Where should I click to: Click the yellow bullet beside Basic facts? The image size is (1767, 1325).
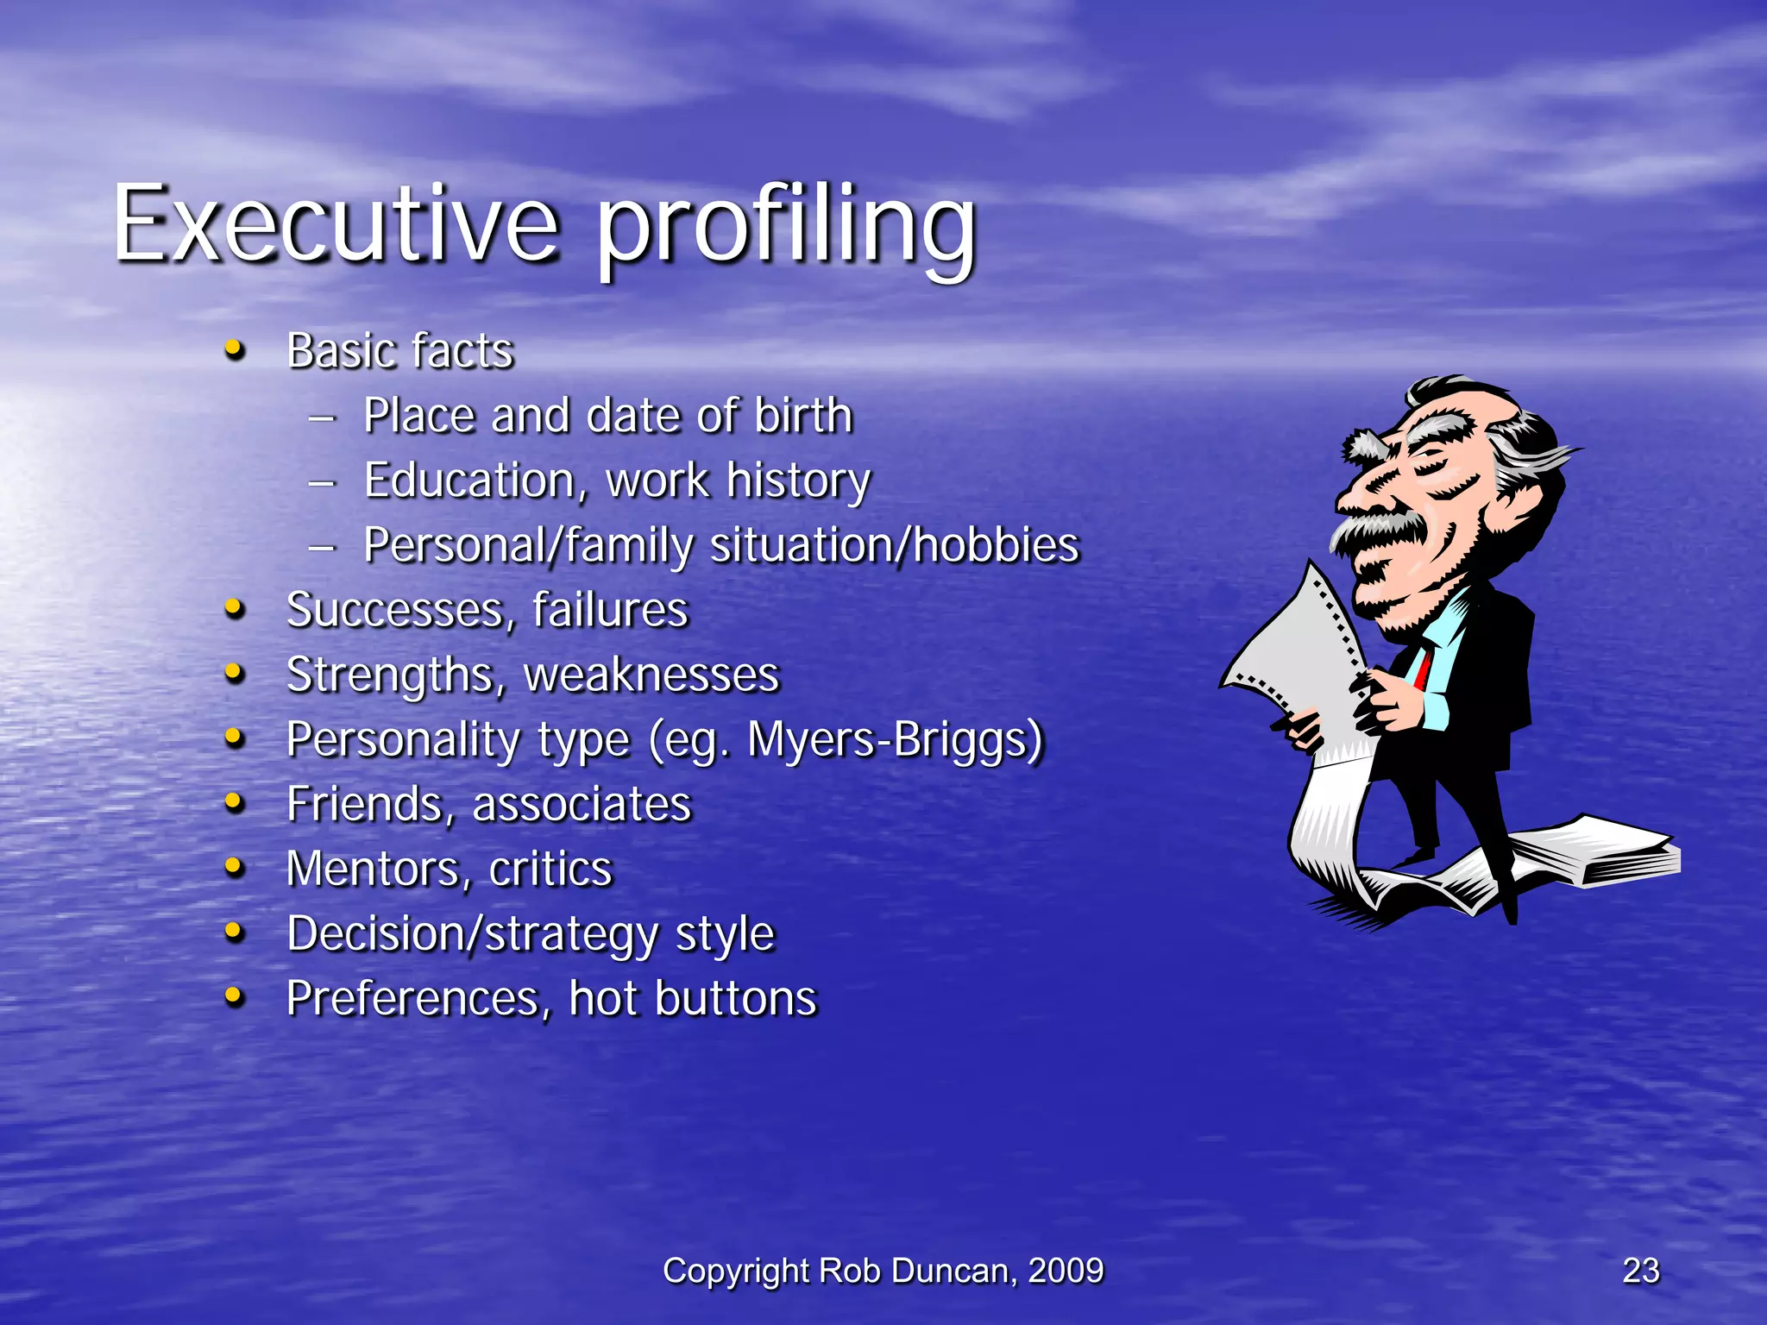pos(234,350)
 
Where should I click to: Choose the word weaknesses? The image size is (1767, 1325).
pos(651,675)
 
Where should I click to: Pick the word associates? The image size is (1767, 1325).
pos(582,804)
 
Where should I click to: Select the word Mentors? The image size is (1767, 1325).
pos(380,869)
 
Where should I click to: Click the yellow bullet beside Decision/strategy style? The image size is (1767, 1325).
pos(234,933)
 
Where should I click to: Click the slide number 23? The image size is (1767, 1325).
pos(1640,1271)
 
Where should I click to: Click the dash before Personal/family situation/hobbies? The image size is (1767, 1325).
pos(322,547)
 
